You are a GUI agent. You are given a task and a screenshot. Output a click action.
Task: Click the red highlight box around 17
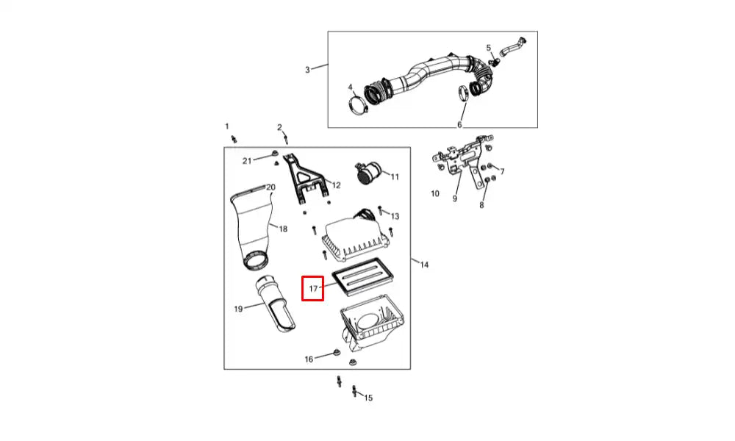pyautogui.click(x=302, y=288)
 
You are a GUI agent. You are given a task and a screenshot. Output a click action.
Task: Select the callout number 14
pyautogui.click(x=424, y=265)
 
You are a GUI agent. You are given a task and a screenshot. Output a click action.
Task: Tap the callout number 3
pyautogui.click(x=307, y=70)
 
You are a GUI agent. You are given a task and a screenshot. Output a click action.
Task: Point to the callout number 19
pyautogui.click(x=238, y=309)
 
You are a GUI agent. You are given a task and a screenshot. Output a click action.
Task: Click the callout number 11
pyautogui.click(x=395, y=176)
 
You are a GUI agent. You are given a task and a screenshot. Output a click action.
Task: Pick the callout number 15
pyautogui.click(x=368, y=398)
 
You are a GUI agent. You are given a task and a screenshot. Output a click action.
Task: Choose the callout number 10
pyautogui.click(x=435, y=193)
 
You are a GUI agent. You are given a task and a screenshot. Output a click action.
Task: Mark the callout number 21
pyautogui.click(x=247, y=161)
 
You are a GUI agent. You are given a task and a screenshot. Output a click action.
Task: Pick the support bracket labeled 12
pyautogui.click(x=304, y=179)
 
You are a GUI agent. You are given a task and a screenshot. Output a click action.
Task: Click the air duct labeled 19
pyautogui.click(x=275, y=304)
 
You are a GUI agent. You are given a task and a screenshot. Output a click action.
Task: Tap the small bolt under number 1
pyautogui.click(x=234, y=139)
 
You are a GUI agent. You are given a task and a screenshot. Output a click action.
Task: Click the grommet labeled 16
pyautogui.click(x=336, y=352)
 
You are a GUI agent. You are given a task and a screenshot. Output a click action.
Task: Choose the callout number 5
pyautogui.click(x=489, y=48)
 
